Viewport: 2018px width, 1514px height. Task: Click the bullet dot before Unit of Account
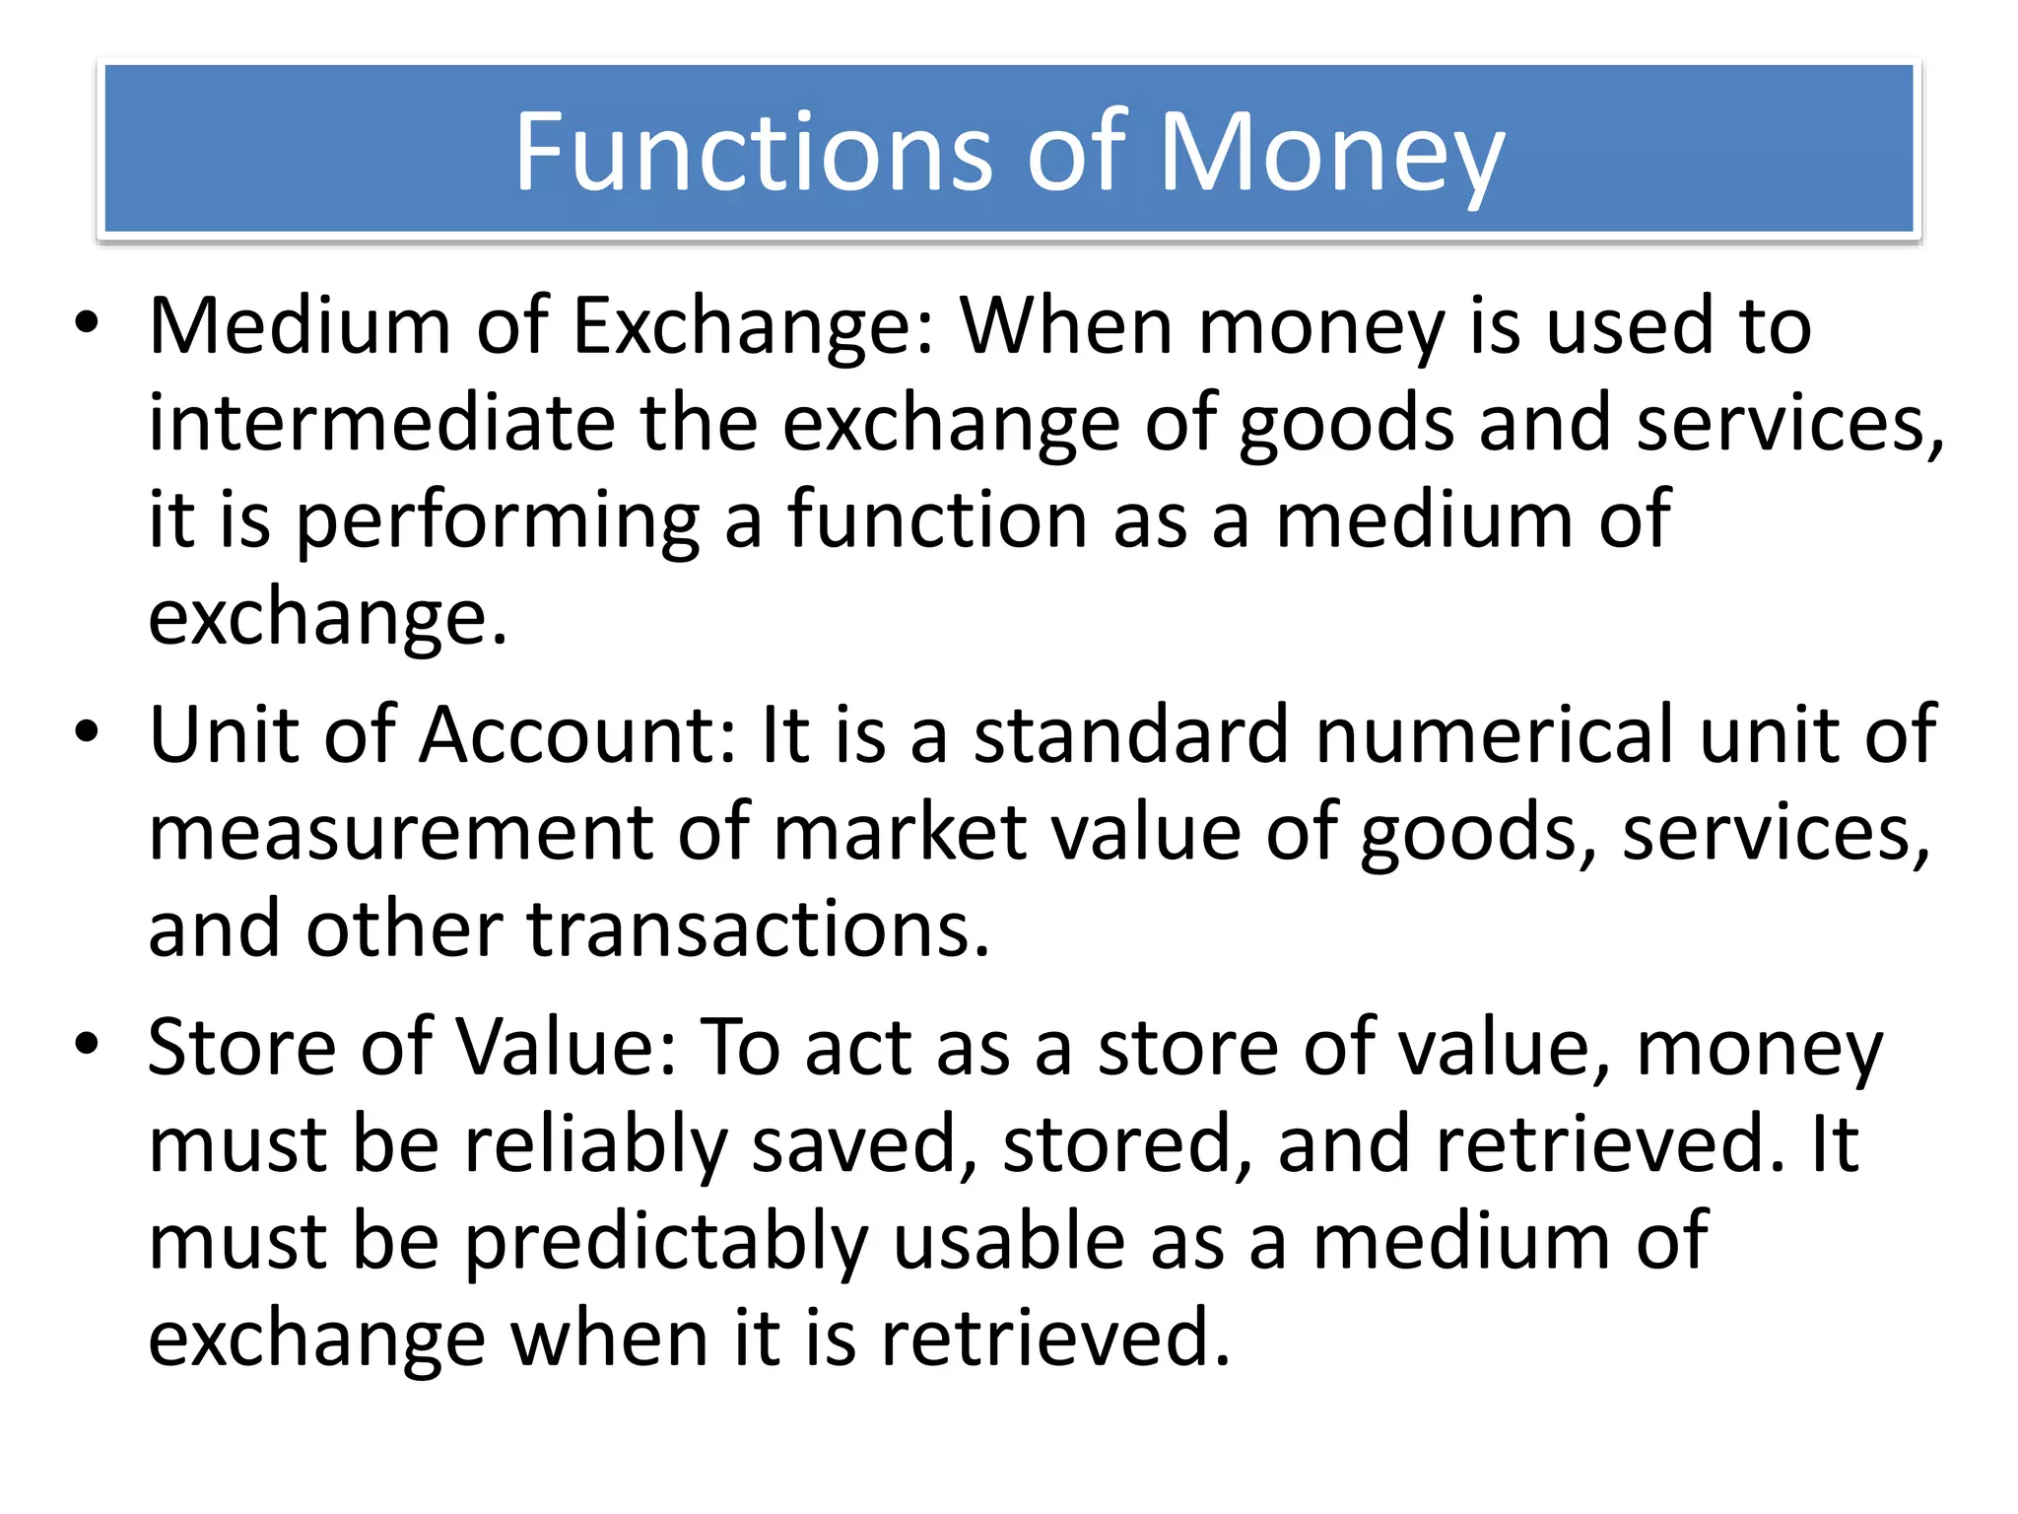[87, 732]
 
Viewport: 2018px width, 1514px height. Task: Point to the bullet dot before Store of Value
[87, 1044]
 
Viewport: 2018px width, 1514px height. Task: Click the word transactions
[759, 929]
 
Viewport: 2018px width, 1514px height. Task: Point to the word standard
[1131, 734]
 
